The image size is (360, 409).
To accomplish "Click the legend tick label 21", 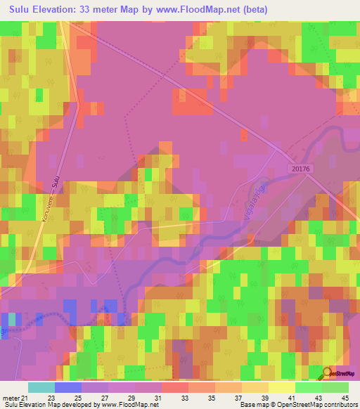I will click(x=25, y=398).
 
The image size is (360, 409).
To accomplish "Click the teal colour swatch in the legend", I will click(x=41, y=387).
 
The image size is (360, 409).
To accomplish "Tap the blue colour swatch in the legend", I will click(x=68, y=387).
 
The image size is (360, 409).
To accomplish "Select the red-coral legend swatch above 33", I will click(x=175, y=387).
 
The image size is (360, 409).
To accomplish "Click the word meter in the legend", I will click(x=10, y=398).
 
